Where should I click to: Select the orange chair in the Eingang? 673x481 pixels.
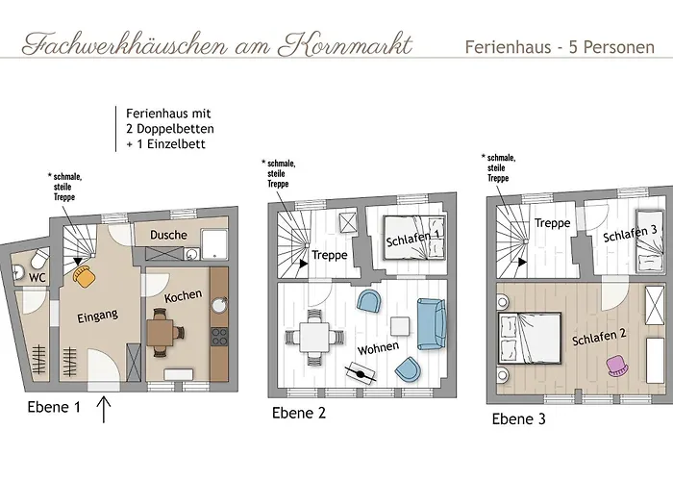[x=85, y=276]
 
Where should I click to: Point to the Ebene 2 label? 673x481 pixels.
[x=299, y=414]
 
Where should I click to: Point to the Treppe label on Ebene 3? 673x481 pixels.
[x=552, y=223]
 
